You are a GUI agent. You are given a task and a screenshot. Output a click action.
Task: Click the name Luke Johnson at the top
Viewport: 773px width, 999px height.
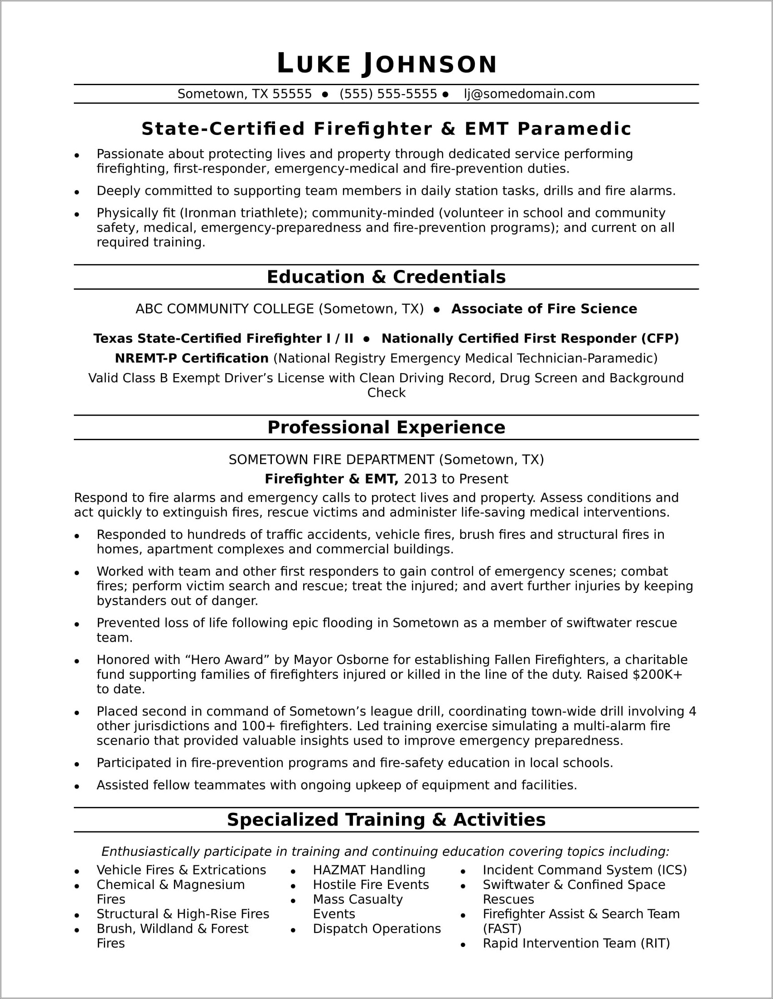[x=387, y=63]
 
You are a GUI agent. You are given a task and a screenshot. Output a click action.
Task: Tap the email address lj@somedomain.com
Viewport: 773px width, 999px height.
[x=530, y=94]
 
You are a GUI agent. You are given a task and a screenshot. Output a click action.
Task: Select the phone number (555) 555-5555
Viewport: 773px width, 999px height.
[x=388, y=94]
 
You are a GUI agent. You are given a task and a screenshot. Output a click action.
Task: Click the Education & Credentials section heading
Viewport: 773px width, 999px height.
[x=386, y=277]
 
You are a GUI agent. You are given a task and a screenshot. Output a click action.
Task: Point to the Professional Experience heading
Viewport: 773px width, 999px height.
[x=386, y=427]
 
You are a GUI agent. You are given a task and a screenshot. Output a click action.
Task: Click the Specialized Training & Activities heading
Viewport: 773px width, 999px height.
[x=386, y=820]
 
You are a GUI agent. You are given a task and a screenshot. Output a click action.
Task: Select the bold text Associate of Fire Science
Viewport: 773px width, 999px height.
[x=544, y=309]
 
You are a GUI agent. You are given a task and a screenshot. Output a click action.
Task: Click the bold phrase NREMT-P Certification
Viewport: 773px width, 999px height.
[x=192, y=358]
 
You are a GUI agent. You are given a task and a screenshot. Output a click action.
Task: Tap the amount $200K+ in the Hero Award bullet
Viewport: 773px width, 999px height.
[x=657, y=675]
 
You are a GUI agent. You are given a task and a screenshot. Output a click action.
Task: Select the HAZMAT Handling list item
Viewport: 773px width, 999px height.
[x=369, y=870]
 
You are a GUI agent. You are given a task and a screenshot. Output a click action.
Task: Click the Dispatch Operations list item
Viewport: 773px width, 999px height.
[x=377, y=928]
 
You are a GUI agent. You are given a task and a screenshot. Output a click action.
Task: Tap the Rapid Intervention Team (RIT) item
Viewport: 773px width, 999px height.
[x=576, y=943]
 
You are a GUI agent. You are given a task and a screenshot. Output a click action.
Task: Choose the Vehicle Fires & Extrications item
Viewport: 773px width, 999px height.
[x=181, y=870]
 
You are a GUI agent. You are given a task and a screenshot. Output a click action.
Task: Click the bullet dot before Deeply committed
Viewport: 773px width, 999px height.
[x=77, y=192]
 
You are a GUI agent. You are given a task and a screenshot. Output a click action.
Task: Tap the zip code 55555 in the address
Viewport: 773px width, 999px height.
[x=292, y=94]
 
